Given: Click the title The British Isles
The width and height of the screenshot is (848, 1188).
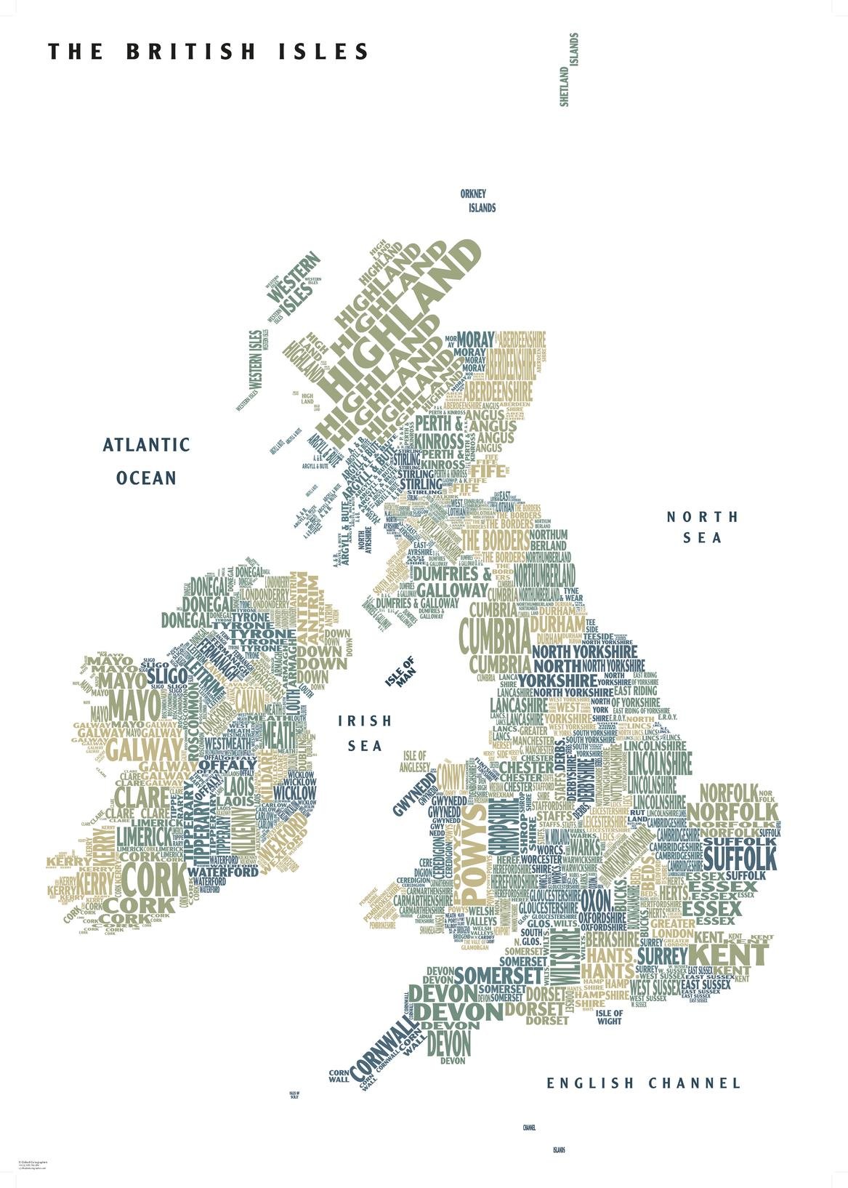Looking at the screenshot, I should tap(209, 52).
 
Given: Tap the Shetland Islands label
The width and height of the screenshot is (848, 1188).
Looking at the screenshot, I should tap(569, 70).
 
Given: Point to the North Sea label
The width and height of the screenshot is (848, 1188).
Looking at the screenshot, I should tap(703, 527).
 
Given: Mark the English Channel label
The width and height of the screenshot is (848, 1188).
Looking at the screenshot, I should tap(644, 1083).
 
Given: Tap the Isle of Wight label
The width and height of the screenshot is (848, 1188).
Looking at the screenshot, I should tap(609, 1016).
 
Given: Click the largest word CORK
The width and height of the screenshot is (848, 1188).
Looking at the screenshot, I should tap(153, 879).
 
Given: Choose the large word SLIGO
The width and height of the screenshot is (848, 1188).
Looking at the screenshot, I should tap(166, 677).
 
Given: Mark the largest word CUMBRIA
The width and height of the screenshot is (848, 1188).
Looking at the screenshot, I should tap(496, 638).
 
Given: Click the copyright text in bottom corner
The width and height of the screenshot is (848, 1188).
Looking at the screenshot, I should tap(33, 1165).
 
